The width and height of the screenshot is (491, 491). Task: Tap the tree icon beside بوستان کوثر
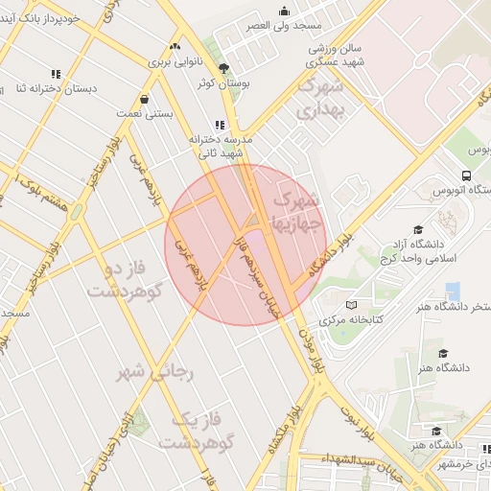click(x=224, y=68)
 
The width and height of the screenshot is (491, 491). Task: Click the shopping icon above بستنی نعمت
click(x=144, y=98)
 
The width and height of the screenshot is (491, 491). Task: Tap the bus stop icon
click(x=465, y=175)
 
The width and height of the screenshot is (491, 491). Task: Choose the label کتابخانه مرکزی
click(x=349, y=318)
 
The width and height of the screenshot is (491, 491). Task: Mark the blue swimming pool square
click(x=454, y=291)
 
